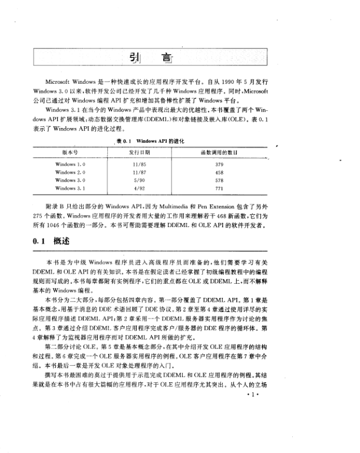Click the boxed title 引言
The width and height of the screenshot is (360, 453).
coord(147,58)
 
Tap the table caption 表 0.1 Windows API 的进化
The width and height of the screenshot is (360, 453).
coord(150,142)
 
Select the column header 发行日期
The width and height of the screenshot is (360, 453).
coord(140,152)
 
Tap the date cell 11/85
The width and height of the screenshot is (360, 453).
coord(140,163)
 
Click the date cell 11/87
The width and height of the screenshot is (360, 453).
coord(140,172)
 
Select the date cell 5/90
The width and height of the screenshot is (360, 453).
coord(140,180)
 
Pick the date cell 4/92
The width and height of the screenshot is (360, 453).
coord(140,188)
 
